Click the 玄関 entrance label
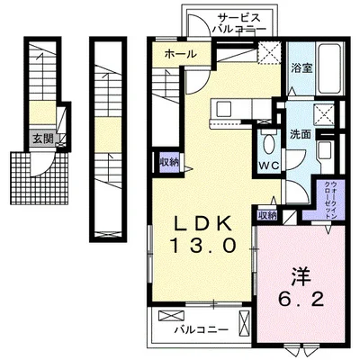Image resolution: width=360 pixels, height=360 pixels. (43, 139)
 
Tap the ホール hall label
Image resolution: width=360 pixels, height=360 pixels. (180, 54)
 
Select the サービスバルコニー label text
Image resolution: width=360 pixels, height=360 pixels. (239, 23)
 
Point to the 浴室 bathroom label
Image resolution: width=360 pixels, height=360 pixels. (302, 68)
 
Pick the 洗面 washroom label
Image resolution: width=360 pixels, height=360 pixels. (300, 134)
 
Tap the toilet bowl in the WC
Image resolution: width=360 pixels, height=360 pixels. (269, 143)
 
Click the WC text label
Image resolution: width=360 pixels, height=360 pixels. (269, 166)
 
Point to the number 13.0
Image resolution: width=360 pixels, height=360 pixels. (202, 245)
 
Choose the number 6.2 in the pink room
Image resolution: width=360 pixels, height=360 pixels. (301, 299)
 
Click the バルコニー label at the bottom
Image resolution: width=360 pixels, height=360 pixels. (202, 330)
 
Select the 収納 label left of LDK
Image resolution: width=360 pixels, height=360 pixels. (169, 163)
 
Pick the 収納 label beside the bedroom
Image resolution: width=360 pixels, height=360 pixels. (266, 215)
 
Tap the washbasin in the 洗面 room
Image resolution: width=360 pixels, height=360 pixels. (324, 151)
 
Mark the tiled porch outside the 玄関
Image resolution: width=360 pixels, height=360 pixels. (40, 178)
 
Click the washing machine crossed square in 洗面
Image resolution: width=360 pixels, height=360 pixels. (323, 113)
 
